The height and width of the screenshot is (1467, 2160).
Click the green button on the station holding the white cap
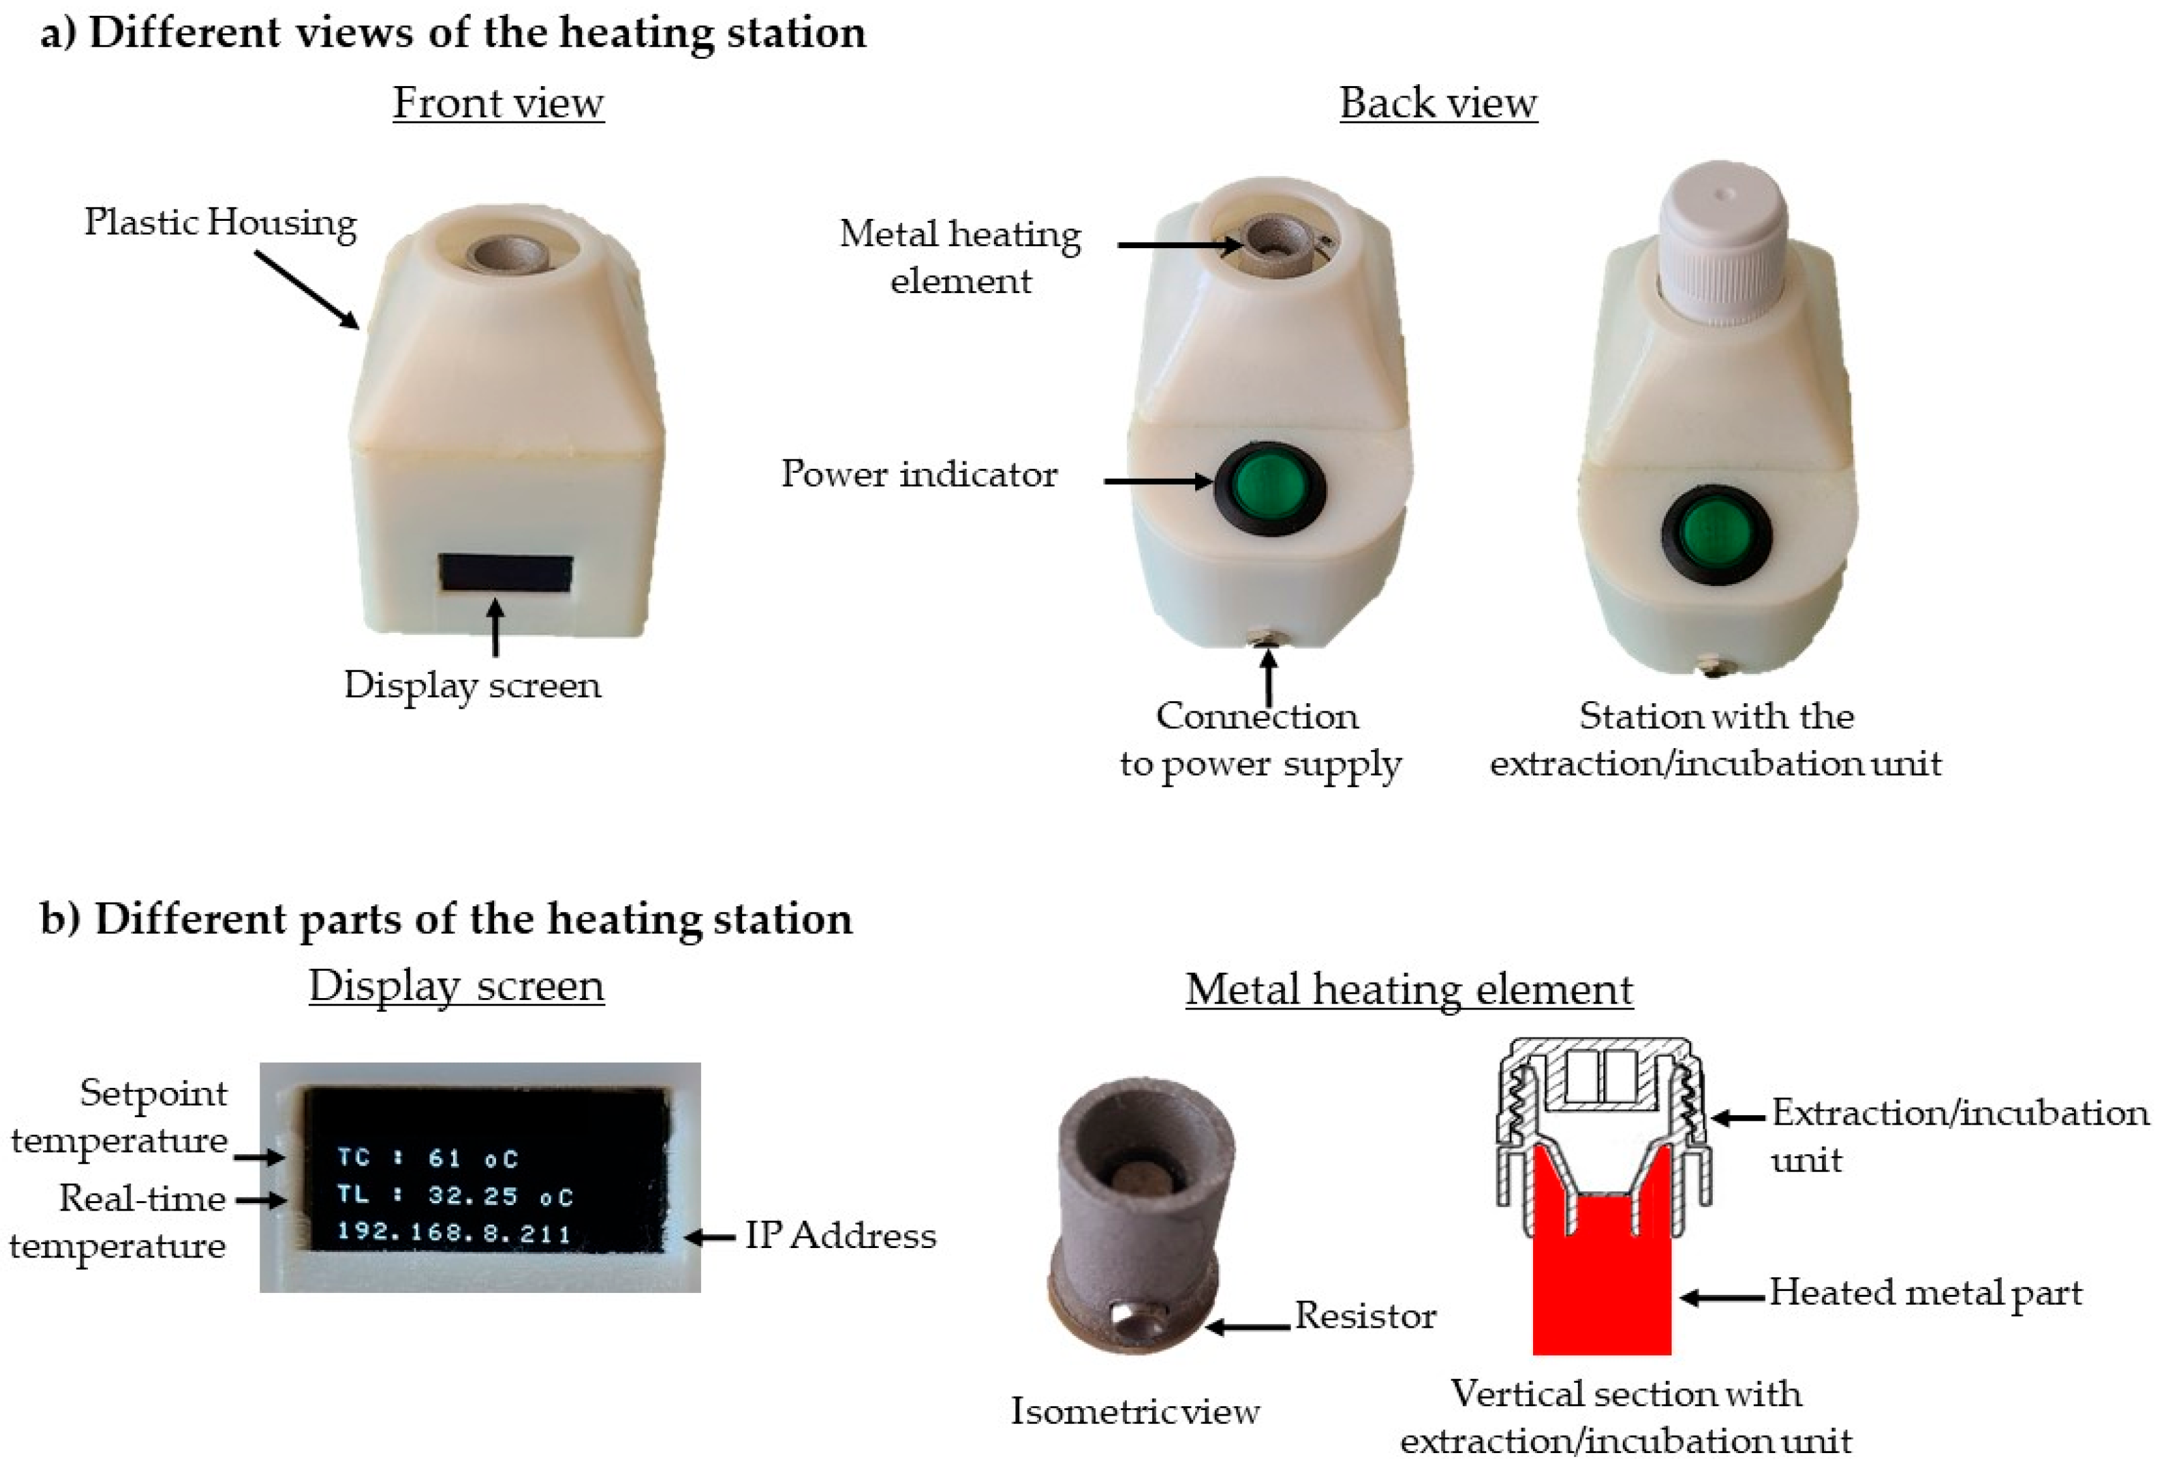[x=1716, y=535]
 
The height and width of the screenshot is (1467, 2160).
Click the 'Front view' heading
[x=498, y=103]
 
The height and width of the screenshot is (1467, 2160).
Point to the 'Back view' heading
[x=1438, y=103]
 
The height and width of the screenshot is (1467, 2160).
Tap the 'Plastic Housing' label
[x=220, y=222]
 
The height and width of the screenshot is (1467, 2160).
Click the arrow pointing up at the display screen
[x=495, y=628]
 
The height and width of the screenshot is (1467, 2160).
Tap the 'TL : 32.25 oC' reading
[x=454, y=1195]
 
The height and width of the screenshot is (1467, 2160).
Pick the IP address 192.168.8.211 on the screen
[x=454, y=1233]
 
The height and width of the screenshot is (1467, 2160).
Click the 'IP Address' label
[x=840, y=1235]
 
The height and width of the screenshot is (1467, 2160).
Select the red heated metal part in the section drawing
[x=1601, y=1283]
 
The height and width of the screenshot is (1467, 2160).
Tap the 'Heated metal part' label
[x=1925, y=1293]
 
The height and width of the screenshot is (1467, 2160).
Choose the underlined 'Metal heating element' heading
[x=1409, y=989]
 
